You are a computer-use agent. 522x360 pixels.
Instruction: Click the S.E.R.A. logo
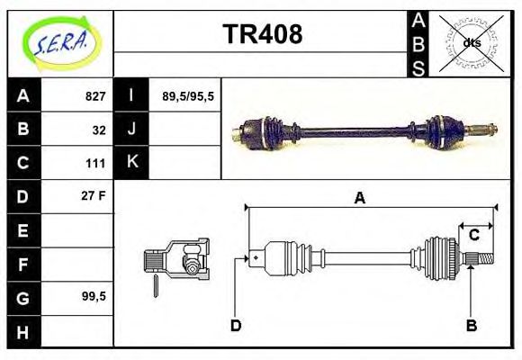click(x=59, y=42)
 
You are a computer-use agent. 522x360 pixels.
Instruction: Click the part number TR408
click(x=262, y=35)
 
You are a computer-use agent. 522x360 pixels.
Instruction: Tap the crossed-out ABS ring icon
click(x=472, y=42)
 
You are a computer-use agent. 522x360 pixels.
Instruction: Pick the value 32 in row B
click(x=98, y=130)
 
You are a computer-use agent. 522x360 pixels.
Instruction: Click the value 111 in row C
click(x=95, y=164)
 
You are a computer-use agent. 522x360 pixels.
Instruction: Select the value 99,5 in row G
click(x=94, y=296)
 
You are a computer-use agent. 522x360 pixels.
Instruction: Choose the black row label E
click(x=22, y=230)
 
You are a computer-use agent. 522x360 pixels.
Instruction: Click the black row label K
click(x=131, y=163)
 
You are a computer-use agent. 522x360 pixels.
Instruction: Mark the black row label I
click(x=131, y=96)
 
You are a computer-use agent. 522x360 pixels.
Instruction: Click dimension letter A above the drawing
click(x=359, y=198)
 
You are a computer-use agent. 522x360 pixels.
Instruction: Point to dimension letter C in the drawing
click(x=473, y=236)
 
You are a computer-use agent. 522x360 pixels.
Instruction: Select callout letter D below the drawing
click(x=236, y=325)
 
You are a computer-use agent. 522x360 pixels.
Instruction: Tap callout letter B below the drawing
click(x=471, y=325)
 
